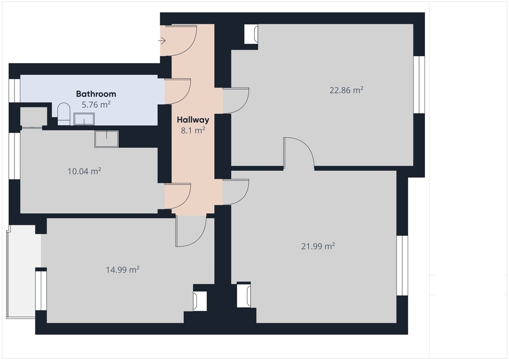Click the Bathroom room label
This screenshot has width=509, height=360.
point(96,94)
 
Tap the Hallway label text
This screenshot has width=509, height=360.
point(193,120)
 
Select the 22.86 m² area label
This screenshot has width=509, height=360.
point(346,90)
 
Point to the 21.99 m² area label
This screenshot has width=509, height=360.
point(318,247)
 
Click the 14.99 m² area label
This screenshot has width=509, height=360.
point(123,270)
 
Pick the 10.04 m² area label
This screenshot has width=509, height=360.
point(84,171)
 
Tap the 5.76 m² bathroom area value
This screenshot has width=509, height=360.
point(96,105)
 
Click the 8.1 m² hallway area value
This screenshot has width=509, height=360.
point(193,130)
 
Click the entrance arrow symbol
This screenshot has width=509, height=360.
point(162,41)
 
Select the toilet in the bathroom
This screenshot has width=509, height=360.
point(64,114)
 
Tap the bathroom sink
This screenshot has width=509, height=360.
point(84,119)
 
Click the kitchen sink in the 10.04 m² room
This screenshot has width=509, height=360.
point(106,139)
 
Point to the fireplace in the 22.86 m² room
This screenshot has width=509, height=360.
point(252,34)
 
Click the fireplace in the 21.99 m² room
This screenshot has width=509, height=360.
point(244,295)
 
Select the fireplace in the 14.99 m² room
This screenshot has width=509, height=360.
point(200,301)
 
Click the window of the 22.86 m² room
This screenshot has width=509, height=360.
point(419,85)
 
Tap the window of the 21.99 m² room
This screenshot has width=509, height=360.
point(402,266)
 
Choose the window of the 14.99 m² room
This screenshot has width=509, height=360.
point(41,290)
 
